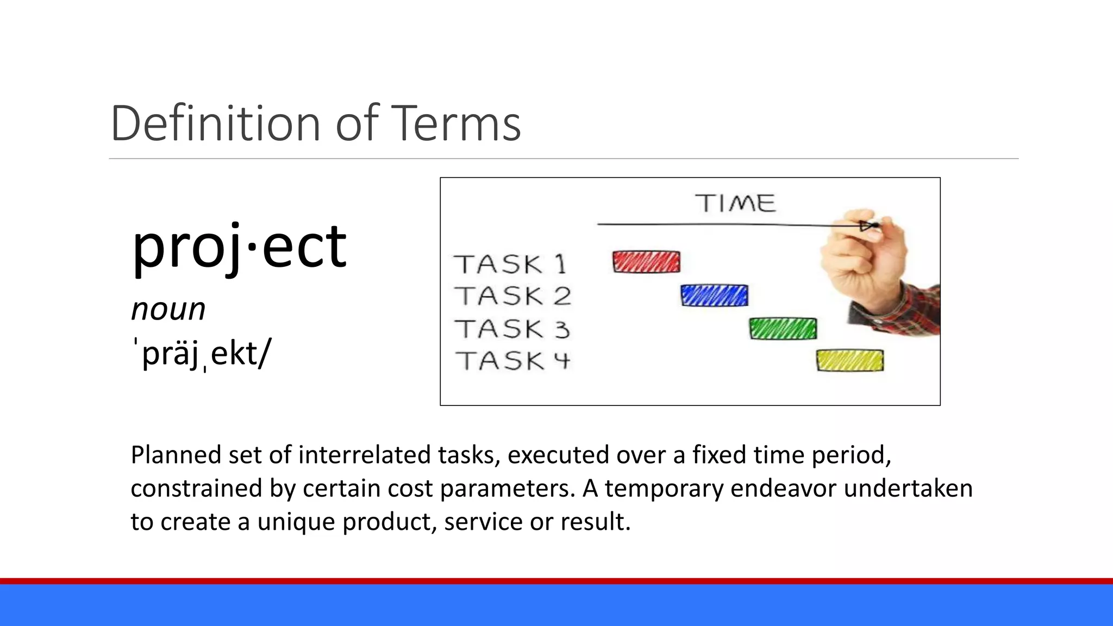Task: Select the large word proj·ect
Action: coord(239,247)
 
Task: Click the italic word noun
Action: coord(168,310)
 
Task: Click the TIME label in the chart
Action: coord(735,203)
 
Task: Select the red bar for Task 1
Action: coord(646,262)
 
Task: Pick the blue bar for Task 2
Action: coord(714,296)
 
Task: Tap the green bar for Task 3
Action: coord(783,329)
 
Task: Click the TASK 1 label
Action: coord(510,265)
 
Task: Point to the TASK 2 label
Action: coord(512,297)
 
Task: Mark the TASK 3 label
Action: coord(512,329)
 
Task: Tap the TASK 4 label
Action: coord(512,361)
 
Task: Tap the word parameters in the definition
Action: coord(507,489)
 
